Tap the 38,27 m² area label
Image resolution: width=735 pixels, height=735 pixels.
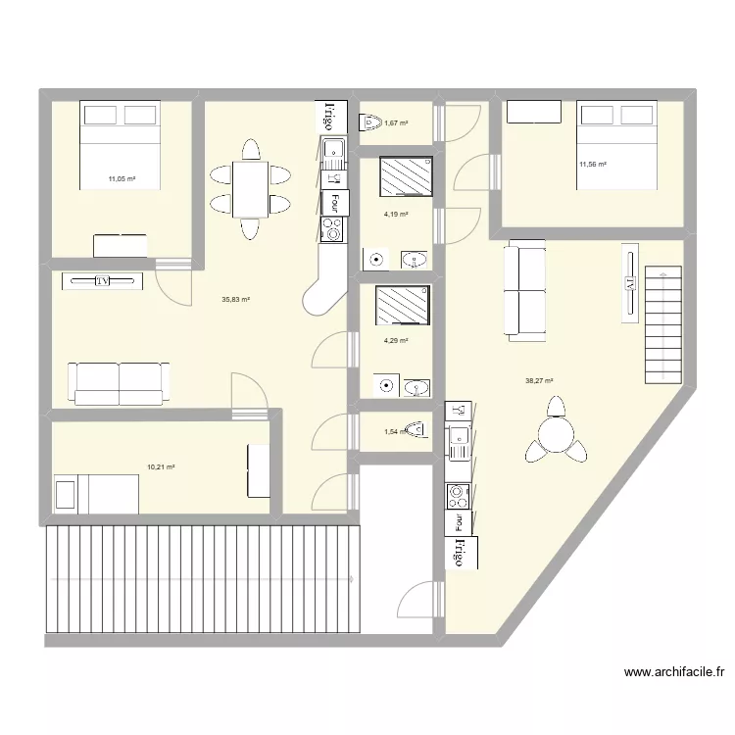(x=540, y=381)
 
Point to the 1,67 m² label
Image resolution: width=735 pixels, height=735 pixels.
(x=396, y=123)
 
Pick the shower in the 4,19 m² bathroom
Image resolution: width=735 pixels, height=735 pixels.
(x=405, y=177)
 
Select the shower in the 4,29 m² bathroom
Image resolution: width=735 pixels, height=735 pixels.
(x=403, y=305)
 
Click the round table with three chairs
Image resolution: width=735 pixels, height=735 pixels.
(x=558, y=435)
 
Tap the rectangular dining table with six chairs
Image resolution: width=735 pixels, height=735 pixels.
(x=250, y=189)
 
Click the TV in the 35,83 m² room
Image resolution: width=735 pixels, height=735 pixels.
(x=102, y=281)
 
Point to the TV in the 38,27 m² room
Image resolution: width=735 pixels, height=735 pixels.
(x=630, y=283)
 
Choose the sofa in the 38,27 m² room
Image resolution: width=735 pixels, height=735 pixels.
(x=524, y=290)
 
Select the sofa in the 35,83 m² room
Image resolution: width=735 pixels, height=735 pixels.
(x=118, y=382)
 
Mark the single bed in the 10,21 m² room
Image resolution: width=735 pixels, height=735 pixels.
(x=96, y=493)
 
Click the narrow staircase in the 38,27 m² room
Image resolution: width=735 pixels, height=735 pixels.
(x=662, y=324)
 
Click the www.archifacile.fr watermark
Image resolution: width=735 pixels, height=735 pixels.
(x=673, y=672)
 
